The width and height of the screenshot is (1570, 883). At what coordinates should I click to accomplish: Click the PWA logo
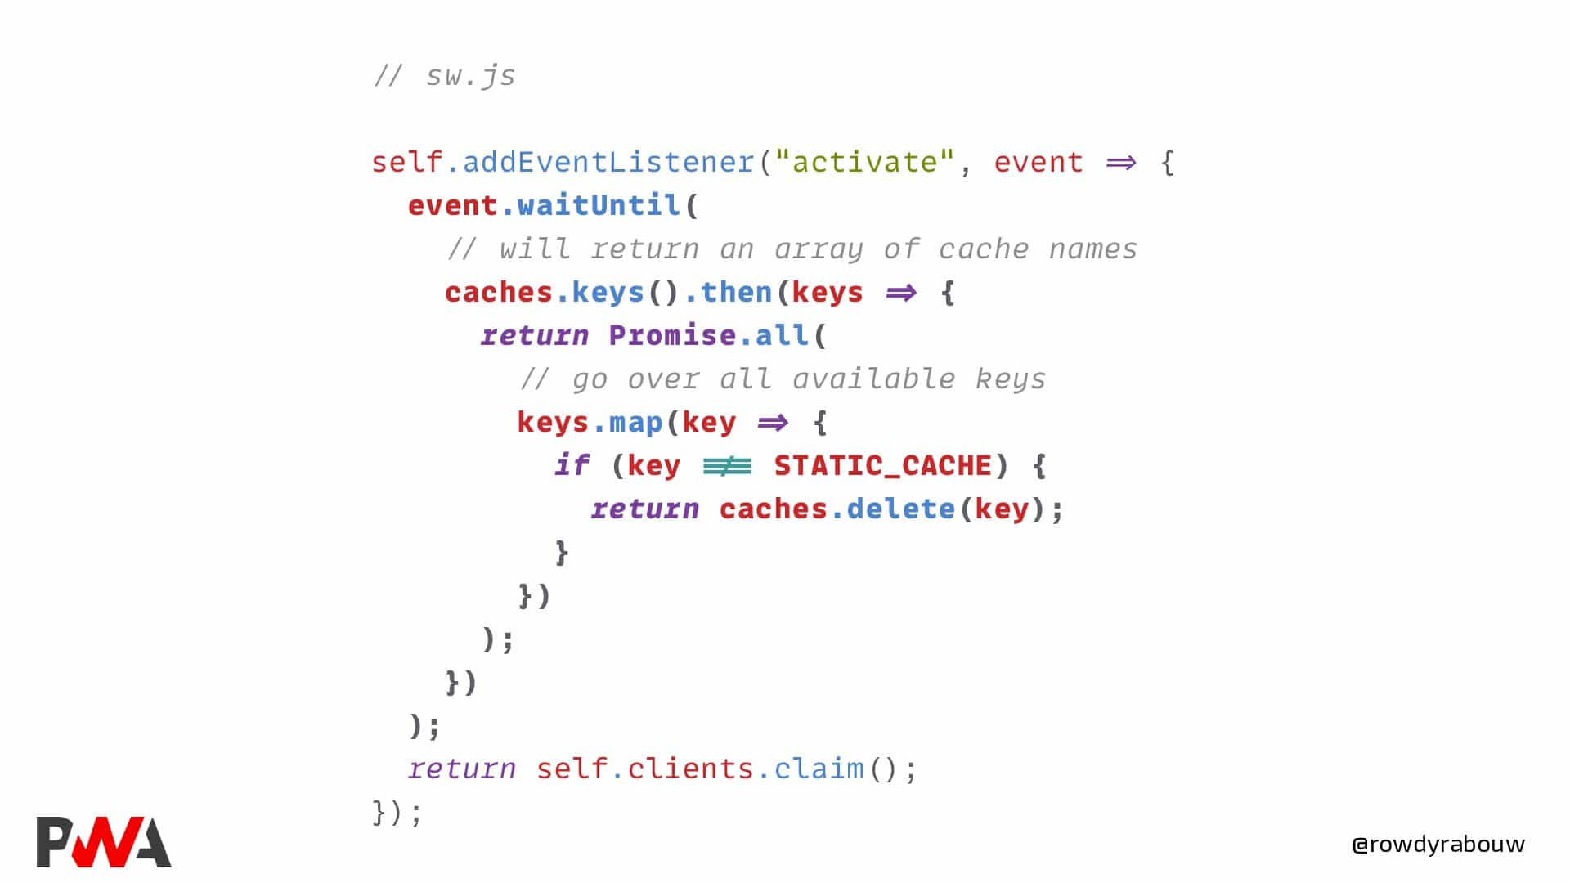click(104, 841)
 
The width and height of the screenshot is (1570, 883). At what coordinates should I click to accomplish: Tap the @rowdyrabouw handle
click(1438, 845)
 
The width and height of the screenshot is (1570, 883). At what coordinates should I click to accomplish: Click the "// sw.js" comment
click(444, 76)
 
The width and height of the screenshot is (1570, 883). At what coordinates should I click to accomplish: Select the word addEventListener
click(608, 162)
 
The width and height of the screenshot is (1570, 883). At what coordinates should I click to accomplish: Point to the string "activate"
click(864, 162)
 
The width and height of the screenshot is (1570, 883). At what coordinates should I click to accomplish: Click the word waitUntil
click(599, 205)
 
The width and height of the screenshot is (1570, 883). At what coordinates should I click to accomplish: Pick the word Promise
click(672, 335)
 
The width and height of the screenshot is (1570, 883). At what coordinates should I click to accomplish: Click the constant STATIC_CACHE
click(883, 466)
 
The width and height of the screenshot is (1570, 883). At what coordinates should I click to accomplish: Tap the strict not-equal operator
click(727, 466)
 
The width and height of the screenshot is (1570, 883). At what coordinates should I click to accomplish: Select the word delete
click(900, 509)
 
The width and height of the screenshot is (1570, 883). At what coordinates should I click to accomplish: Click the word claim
click(819, 769)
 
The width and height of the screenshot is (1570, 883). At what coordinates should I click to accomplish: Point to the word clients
click(691, 769)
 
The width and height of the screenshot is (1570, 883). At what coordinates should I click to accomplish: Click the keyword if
click(572, 465)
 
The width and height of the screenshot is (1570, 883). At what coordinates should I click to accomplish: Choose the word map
click(636, 424)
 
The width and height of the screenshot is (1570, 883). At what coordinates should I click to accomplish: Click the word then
click(736, 292)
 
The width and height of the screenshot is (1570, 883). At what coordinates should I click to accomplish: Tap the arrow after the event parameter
click(1121, 163)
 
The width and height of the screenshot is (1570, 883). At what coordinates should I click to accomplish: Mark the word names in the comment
click(1093, 249)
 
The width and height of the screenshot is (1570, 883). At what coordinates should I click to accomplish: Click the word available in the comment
click(873, 379)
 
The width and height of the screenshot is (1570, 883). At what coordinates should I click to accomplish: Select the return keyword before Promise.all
click(535, 336)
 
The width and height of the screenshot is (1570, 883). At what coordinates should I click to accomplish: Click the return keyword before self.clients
click(462, 769)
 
